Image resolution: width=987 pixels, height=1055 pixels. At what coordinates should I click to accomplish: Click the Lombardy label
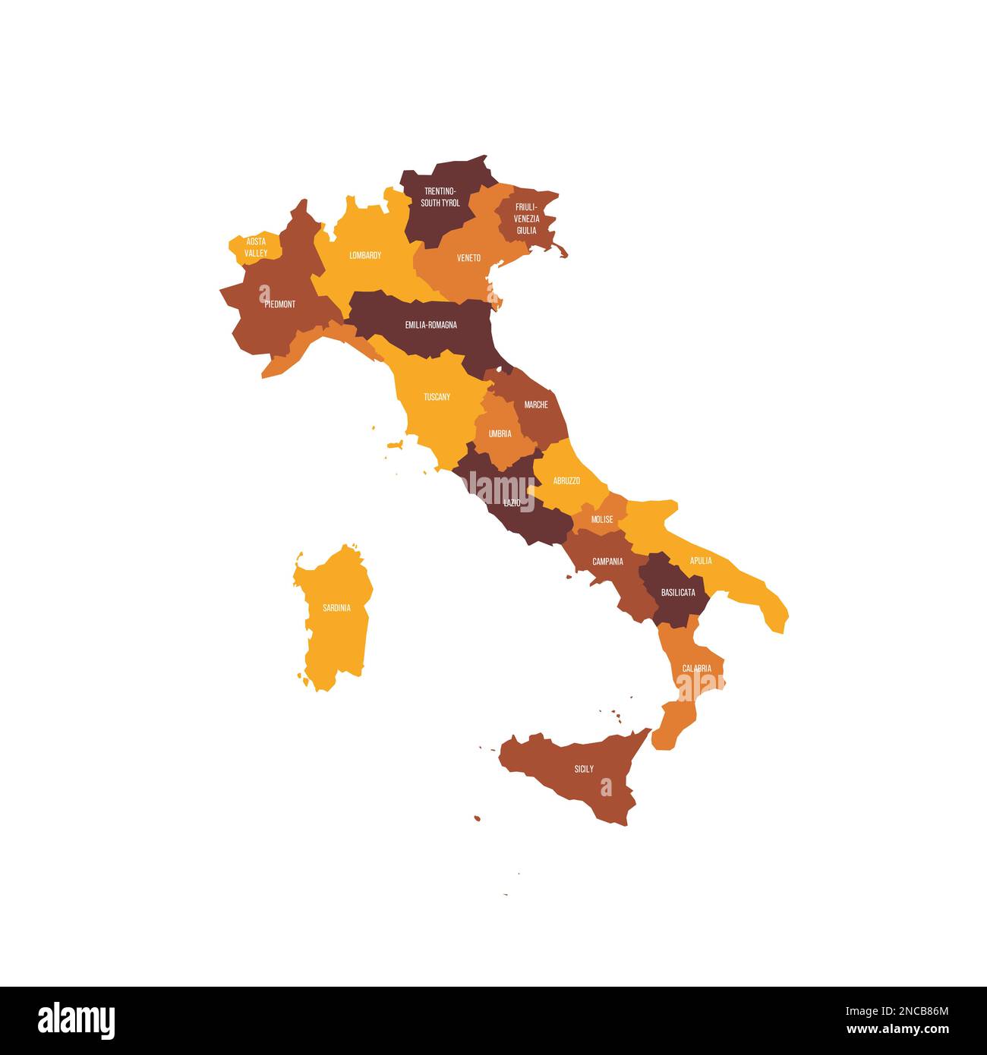365,256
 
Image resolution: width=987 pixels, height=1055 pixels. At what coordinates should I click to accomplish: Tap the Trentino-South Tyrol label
440,197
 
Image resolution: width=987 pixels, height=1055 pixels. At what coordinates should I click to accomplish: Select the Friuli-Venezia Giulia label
526,219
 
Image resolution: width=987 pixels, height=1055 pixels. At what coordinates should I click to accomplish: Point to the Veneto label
468,258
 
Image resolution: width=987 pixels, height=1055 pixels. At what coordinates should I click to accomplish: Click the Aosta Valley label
256,247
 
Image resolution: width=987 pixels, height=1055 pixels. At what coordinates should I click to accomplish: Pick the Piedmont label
280,304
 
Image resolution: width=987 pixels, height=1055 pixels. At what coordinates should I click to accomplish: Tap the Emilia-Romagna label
430,325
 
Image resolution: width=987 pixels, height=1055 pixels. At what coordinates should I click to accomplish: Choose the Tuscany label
437,397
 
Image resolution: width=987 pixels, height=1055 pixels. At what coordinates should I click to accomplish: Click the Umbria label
500,434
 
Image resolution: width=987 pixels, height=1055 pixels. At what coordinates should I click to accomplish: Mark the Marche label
536,405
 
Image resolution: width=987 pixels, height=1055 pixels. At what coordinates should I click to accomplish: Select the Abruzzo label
566,480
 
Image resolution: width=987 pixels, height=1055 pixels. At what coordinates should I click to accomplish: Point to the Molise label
602,520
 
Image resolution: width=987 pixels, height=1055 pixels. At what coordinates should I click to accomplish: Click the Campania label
607,562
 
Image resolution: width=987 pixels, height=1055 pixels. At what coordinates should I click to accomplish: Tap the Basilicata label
678,592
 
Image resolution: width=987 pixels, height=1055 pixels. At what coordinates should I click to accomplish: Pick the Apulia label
701,561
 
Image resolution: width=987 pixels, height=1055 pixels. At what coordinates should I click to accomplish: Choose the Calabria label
696,669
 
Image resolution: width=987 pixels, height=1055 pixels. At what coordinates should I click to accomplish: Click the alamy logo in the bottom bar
77,1021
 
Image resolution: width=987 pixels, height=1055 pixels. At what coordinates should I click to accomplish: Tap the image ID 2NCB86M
897,1011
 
